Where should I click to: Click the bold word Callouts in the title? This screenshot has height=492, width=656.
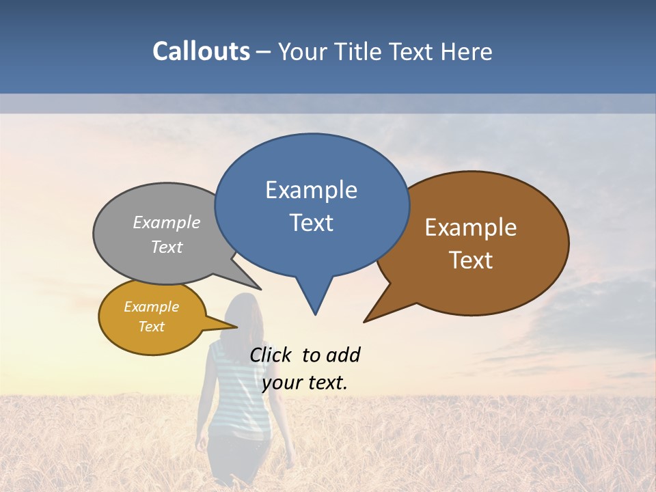point(201,51)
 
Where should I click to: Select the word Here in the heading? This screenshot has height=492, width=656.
point(465,51)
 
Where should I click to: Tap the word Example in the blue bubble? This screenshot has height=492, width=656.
point(311,190)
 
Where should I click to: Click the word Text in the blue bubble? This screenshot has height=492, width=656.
point(311,223)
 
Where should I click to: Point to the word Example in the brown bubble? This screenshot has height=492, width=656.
point(471,228)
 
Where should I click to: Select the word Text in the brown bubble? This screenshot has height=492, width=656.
point(471,260)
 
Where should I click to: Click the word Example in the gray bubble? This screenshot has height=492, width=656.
point(167,223)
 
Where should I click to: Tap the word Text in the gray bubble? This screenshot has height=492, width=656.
point(167,247)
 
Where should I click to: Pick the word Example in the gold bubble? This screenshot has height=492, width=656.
point(151,307)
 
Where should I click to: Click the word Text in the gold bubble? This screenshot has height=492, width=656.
point(151,327)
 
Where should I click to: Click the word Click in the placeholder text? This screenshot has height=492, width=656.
point(272,355)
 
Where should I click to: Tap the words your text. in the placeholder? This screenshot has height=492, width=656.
point(305,383)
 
